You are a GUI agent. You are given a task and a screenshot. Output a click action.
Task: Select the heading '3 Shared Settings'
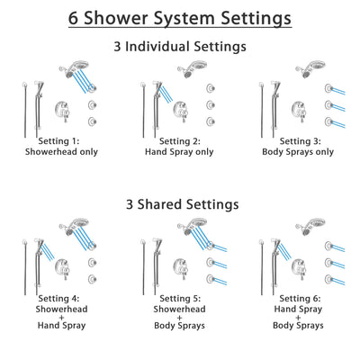(x=179, y=204)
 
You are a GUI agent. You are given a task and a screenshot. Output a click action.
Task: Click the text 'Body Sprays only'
(x=299, y=151)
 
